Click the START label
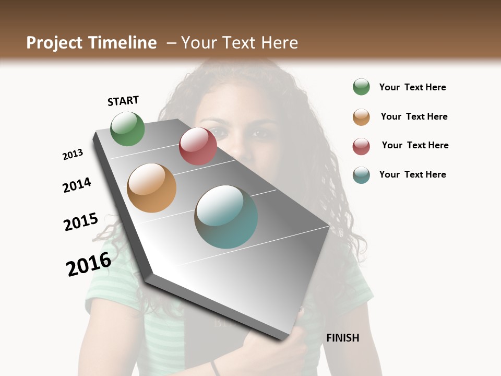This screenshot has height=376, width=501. pyautogui.click(x=123, y=101)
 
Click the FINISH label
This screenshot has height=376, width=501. pyautogui.click(x=343, y=338)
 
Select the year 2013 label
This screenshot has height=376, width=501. pyautogui.click(x=73, y=155)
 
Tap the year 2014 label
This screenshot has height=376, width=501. pyautogui.click(x=77, y=185)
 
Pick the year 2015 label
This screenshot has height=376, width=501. pyautogui.click(x=81, y=222)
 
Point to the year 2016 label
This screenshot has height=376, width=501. pyautogui.click(x=89, y=264)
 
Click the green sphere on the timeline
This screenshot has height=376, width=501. pyautogui.click(x=127, y=128)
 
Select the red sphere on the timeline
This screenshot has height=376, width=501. pyautogui.click(x=198, y=146)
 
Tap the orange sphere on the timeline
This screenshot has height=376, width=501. pyautogui.click(x=151, y=188)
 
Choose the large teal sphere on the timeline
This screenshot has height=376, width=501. pyautogui.click(x=226, y=217)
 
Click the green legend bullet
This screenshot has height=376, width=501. pyautogui.click(x=361, y=87)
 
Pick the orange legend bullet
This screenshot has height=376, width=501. pyautogui.click(x=361, y=117)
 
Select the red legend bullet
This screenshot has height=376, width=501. pyautogui.click(x=361, y=146)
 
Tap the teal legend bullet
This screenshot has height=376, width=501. pyautogui.click(x=361, y=175)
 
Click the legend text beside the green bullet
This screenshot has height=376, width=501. pyautogui.click(x=412, y=87)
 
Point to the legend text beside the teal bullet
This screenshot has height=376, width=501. pyautogui.click(x=412, y=174)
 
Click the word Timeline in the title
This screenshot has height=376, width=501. pyautogui.click(x=123, y=43)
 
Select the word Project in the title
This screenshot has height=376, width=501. pyautogui.click(x=54, y=43)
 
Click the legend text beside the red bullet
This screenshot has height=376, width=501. pyautogui.click(x=415, y=145)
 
